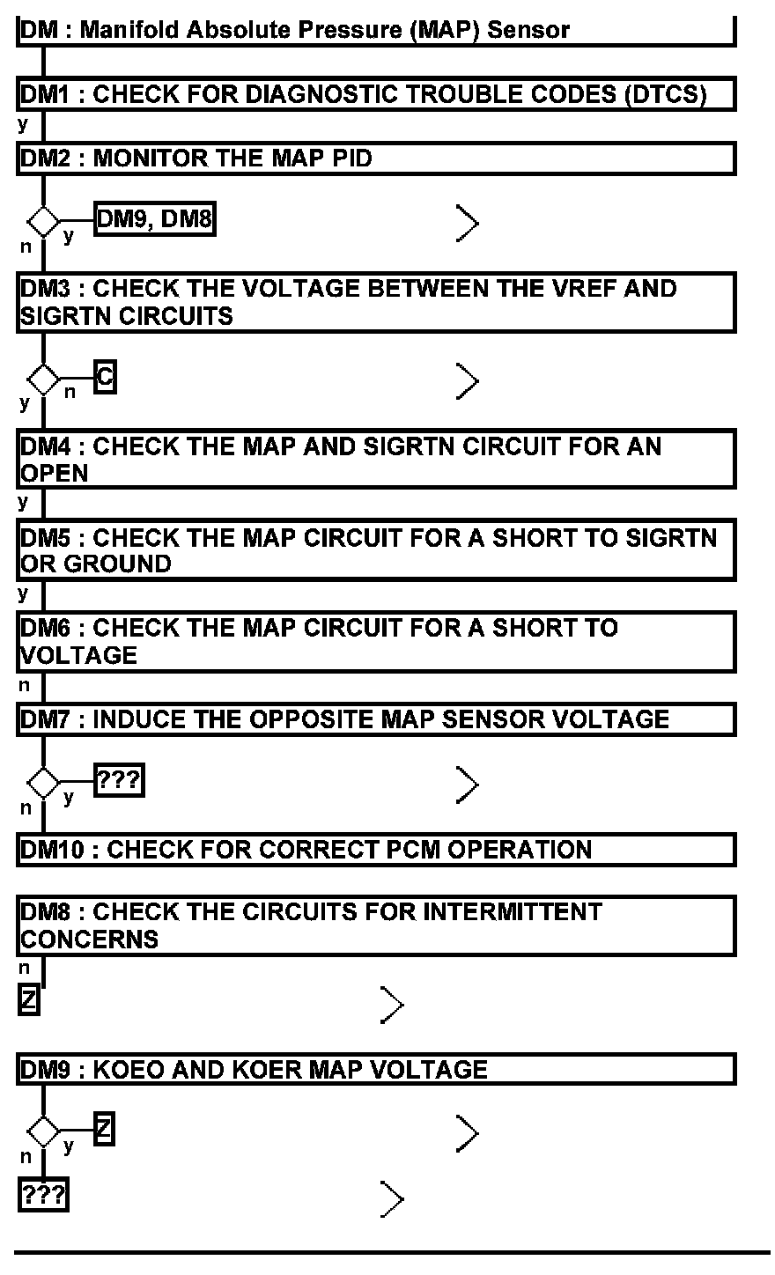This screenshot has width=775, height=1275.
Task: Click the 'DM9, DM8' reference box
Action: (x=154, y=219)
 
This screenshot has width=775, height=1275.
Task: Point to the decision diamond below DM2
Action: (x=42, y=220)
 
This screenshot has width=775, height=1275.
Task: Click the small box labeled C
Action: (x=105, y=378)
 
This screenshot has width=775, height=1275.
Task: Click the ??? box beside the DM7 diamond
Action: (x=119, y=780)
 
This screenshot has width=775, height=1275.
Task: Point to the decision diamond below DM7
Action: (x=42, y=781)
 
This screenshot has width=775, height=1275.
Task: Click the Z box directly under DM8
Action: (x=29, y=1000)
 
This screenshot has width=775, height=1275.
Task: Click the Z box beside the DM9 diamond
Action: (x=104, y=1129)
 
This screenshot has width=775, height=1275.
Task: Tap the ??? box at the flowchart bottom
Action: (x=43, y=1196)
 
